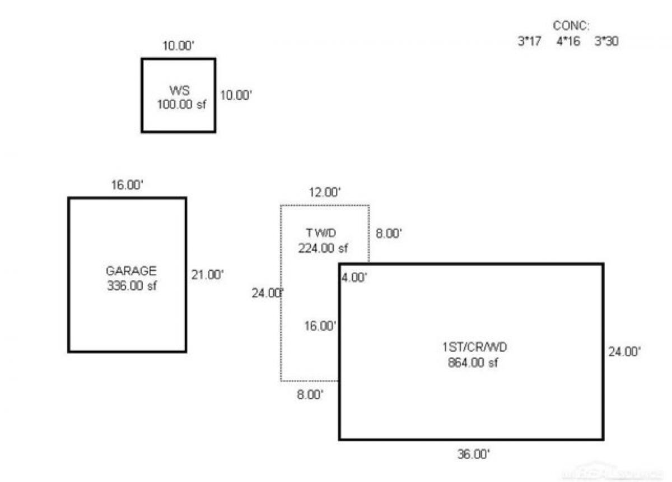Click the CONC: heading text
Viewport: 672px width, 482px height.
(571, 25)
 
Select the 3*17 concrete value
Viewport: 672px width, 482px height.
(529, 41)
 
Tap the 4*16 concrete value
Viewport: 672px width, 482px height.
(568, 41)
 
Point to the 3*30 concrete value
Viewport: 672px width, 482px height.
(606, 41)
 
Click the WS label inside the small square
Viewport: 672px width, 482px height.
(179, 90)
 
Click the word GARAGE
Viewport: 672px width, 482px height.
(130, 271)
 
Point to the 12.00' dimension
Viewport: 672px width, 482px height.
(325, 192)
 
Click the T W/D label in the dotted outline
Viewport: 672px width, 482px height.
(321, 233)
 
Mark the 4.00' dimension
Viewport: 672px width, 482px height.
(354, 277)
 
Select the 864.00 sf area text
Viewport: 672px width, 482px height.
(473, 362)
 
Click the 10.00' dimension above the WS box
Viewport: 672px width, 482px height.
(178, 46)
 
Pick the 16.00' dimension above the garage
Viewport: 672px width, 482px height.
(128, 185)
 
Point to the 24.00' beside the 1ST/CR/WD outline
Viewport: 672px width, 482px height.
(624, 351)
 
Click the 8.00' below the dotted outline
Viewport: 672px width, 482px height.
(310, 395)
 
